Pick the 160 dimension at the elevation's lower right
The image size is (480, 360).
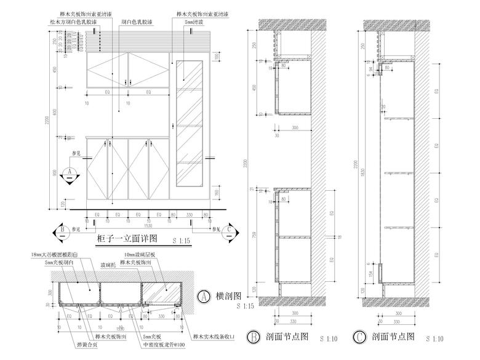[x=217, y=193]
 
